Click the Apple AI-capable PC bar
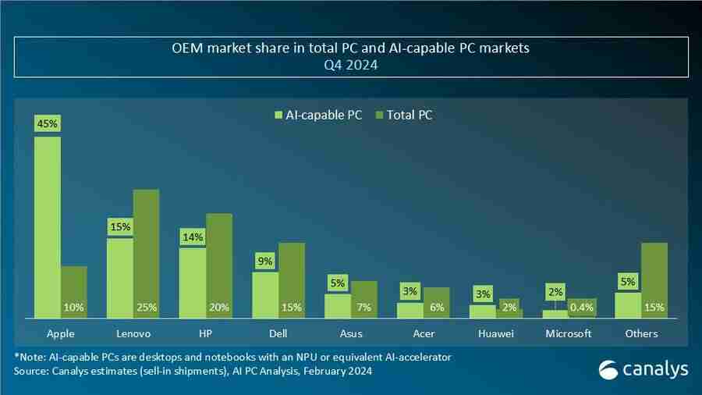coord(47,226)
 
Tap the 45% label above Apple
coord(47,123)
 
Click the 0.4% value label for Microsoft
coord(581,308)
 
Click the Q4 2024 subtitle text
coord(350,66)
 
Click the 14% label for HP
coord(193,237)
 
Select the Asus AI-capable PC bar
coord(337,305)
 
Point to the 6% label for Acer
coord(437,308)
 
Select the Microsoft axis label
coord(569,333)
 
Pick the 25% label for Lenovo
coord(146,308)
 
